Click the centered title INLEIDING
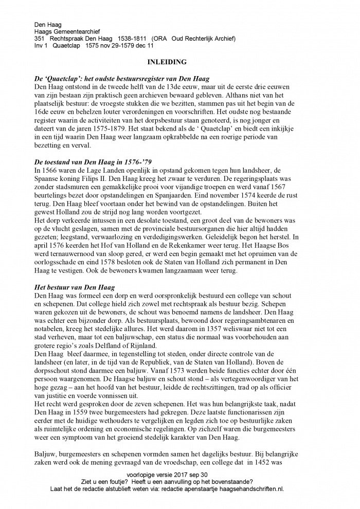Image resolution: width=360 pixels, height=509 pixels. [x=167, y=62]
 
